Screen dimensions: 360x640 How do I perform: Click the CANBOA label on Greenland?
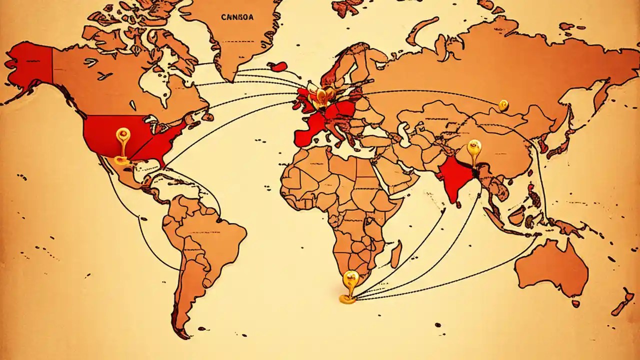pos(237,17)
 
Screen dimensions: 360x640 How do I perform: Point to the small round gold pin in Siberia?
pos(503,105)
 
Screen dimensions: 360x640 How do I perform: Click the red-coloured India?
pos(455,177)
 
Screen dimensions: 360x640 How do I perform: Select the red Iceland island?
pos(278,66)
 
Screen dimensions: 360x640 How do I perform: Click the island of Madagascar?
pos(396,254)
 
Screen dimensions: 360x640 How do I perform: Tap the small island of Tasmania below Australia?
pos(576,303)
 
